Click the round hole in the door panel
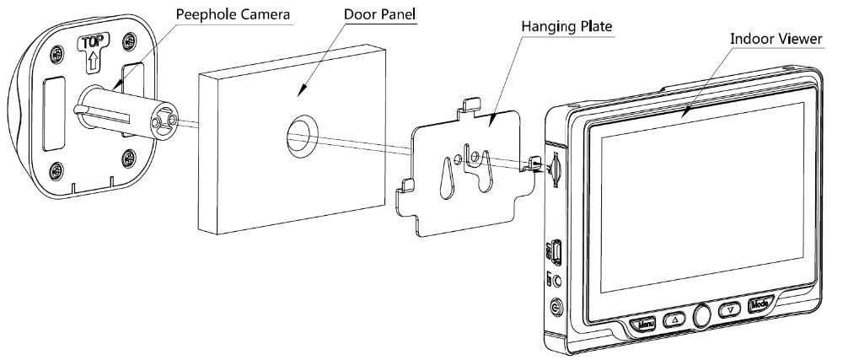coord(300,135)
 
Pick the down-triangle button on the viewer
coord(728,309)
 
